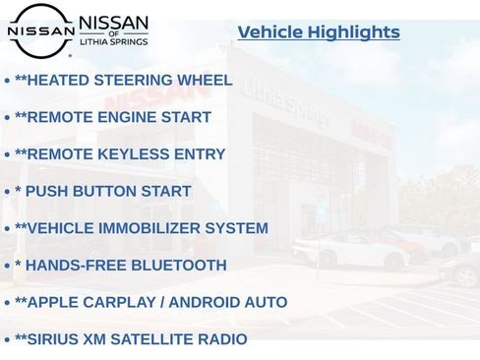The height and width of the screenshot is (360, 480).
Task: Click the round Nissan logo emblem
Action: tap(40, 30)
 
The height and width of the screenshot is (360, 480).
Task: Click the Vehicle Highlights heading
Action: tap(319, 32)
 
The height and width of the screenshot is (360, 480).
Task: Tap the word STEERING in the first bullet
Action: tap(131, 81)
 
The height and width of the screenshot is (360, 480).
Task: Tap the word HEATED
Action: tap(57, 81)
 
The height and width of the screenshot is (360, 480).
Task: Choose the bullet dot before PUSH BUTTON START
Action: tap(8, 192)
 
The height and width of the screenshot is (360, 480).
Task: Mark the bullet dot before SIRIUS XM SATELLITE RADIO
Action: tap(8, 339)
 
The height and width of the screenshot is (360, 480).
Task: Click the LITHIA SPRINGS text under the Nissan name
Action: tap(113, 42)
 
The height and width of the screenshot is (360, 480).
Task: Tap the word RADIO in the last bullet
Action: tap(223, 339)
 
